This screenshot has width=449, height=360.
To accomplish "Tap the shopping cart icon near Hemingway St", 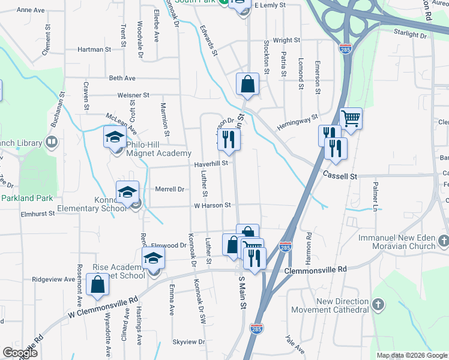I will pyautogui.click(x=351, y=118).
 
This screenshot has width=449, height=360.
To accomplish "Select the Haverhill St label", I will pyautogui.click(x=210, y=163).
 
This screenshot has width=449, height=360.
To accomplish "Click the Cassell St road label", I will pyautogui.click(x=340, y=176).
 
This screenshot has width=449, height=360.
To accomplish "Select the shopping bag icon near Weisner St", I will pyautogui.click(x=247, y=85).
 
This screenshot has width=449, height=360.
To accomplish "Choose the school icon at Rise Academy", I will pyautogui.click(x=153, y=259).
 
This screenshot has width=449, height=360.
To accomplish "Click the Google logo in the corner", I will pyautogui.click(x=20, y=352).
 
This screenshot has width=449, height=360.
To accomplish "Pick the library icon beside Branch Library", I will pyautogui.click(x=52, y=143).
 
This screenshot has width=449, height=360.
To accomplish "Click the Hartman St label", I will pyautogui.click(x=91, y=50).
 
